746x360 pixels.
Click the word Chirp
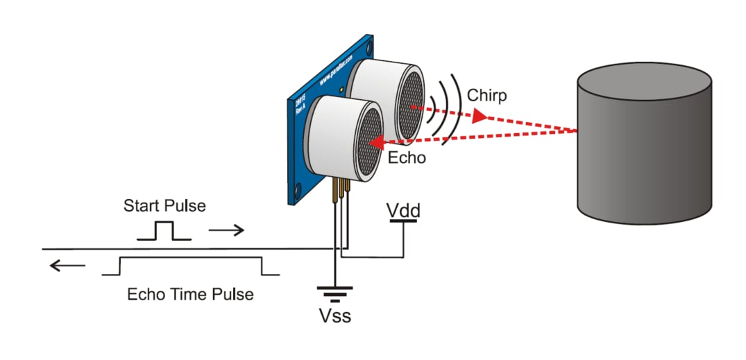coord(486,95)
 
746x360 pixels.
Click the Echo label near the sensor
coord(406,157)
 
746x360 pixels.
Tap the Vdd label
coord(402,209)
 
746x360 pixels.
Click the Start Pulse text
coord(164,206)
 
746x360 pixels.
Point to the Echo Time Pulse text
coord(190,294)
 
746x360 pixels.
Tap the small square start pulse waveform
coord(164,231)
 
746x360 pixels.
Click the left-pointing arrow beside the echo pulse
coord(67,266)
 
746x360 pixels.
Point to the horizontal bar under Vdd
coord(403,221)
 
